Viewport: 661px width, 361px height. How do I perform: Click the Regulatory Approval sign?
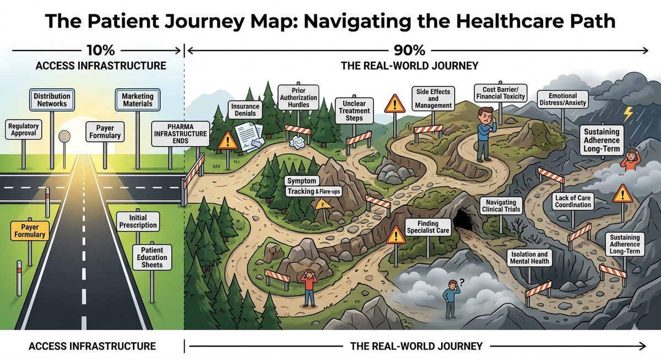point(24,130)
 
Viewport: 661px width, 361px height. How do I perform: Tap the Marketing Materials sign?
point(138,100)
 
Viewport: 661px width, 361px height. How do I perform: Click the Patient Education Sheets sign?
point(151,257)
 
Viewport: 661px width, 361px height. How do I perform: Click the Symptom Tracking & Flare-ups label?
point(308,186)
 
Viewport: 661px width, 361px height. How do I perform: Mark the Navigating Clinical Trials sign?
point(501,206)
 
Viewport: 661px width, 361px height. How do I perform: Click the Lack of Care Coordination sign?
point(573,201)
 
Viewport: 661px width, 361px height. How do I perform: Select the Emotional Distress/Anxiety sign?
point(561,99)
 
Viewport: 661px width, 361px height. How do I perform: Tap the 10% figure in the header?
point(100,51)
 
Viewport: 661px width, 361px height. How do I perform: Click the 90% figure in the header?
point(410,51)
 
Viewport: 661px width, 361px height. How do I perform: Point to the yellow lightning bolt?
point(628,114)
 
